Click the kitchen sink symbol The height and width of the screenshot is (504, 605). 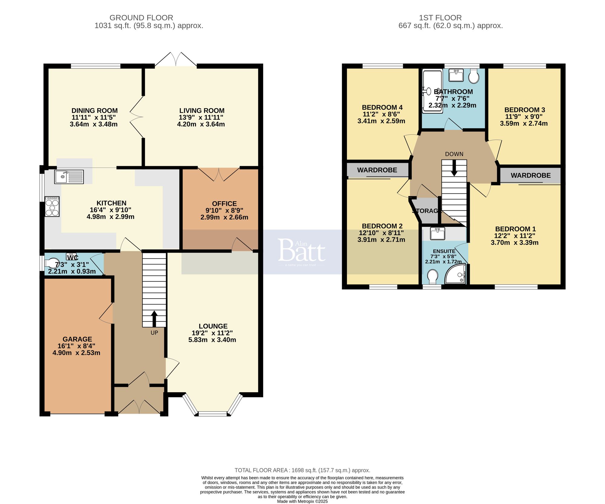coord(69,177)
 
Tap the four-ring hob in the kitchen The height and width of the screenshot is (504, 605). coord(52,206)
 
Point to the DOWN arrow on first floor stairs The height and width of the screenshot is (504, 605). coord(454,168)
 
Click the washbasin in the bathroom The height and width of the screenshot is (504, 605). coord(456,75)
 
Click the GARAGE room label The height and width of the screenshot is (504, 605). coord(77,339)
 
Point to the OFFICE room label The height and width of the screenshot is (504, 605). coord(224,204)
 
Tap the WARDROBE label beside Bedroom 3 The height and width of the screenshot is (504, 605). coord(531,175)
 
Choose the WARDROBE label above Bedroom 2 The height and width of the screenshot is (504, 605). coord(377,170)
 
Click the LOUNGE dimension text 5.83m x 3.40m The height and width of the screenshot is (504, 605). coord(212,340)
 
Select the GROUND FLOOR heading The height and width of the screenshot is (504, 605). coord(141,18)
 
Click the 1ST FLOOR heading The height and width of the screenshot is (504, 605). coord(440,18)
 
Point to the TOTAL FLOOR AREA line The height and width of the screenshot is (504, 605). coord(302,470)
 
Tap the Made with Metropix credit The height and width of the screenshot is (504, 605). coord(302,501)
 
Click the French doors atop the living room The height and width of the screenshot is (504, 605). coord(176,59)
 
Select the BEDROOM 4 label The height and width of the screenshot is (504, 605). coord(382,107)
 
